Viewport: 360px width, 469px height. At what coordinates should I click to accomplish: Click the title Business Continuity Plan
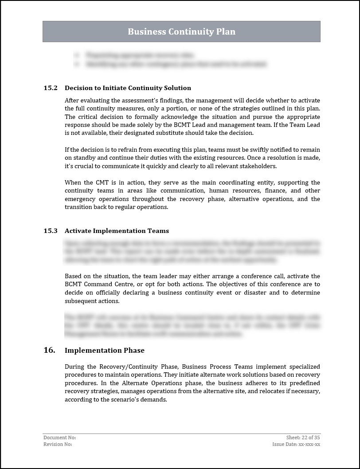[x=181, y=32]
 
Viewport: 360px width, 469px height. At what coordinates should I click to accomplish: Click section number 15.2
[x=51, y=88]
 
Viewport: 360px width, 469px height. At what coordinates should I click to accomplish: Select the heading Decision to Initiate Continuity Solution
[x=128, y=88]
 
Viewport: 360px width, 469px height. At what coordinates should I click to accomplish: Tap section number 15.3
[x=51, y=231]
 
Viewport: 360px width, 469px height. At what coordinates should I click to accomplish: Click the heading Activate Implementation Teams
[x=117, y=231]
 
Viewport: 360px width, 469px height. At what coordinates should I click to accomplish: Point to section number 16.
[x=49, y=350]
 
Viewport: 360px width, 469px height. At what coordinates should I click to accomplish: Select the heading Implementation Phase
[x=105, y=351]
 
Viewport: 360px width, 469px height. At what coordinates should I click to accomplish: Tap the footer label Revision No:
[x=58, y=444]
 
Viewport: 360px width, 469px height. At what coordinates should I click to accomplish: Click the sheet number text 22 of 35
[x=311, y=437]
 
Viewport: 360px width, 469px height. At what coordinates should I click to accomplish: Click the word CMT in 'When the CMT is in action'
[x=101, y=183]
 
